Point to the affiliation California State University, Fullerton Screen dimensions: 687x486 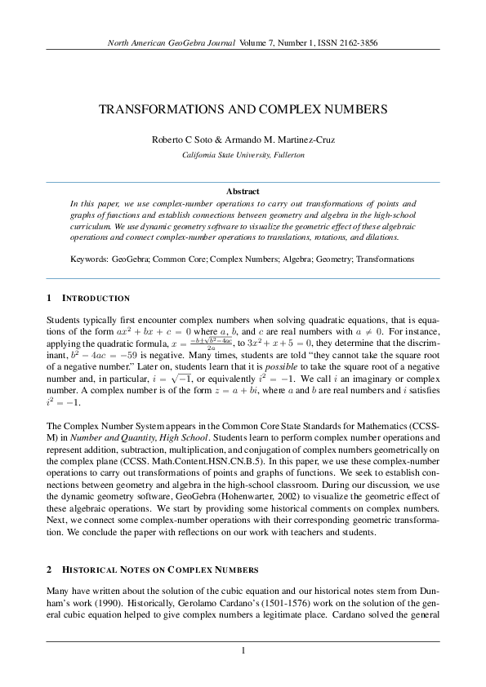tap(243, 154)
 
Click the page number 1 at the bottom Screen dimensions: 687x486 tap(243, 650)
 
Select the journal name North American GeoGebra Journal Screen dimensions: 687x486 tap(172, 42)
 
